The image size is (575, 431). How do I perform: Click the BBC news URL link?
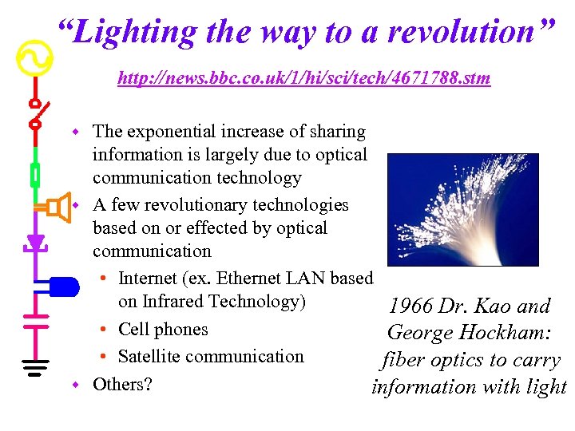pos(303,78)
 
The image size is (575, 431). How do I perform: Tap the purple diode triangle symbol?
pos(35,242)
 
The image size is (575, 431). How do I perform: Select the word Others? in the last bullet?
pos(122,384)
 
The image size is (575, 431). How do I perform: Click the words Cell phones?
pos(163,330)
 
